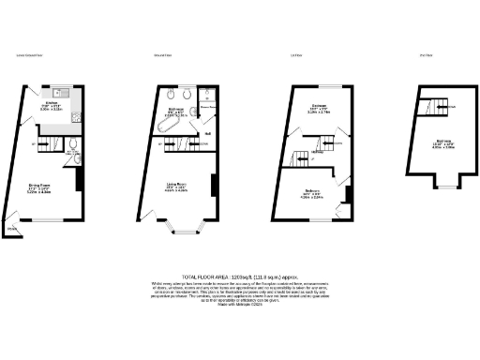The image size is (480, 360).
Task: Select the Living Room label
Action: [179, 186]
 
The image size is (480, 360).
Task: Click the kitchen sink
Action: [60, 93]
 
